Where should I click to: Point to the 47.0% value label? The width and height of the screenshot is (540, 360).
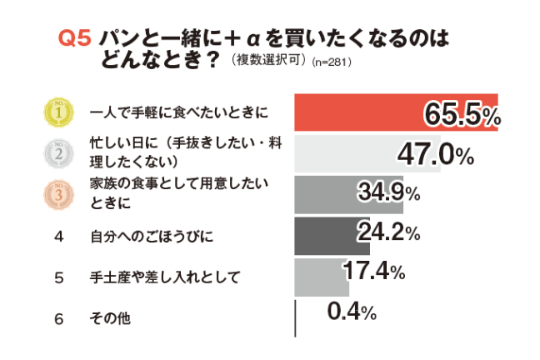[435, 154]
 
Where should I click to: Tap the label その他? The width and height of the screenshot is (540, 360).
[109, 317]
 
